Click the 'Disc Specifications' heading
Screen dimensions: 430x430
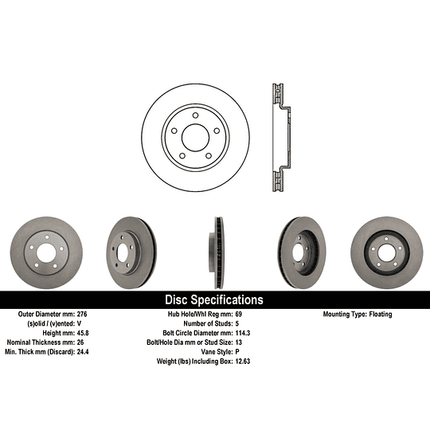click(213, 300)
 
